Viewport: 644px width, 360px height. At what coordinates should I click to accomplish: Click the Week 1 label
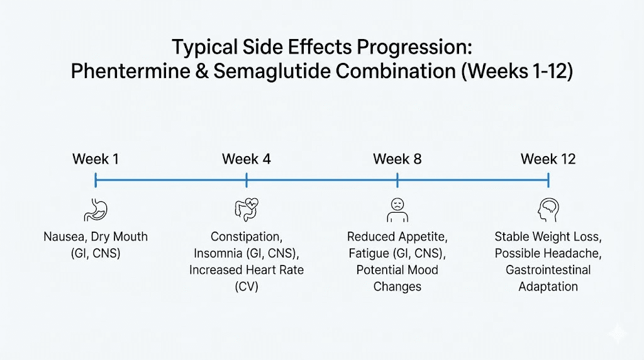[96, 159]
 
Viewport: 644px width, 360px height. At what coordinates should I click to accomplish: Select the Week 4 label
[247, 159]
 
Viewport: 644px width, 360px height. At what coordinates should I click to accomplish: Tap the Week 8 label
[397, 159]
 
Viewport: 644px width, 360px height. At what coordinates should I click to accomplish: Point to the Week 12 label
[548, 159]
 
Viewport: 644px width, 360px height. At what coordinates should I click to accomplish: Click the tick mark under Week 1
[96, 181]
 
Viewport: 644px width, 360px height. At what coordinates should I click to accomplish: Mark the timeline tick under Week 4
[247, 181]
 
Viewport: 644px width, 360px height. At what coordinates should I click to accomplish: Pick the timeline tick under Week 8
[397, 181]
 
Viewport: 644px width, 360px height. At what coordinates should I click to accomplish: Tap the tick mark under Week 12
[548, 181]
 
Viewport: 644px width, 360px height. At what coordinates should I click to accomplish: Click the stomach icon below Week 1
[96, 210]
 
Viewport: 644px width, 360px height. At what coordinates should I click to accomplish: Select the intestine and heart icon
[246, 210]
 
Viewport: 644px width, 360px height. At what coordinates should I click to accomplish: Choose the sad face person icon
[397, 210]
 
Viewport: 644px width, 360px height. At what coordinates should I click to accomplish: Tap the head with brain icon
[548, 210]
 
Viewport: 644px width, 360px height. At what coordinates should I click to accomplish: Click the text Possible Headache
[548, 254]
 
